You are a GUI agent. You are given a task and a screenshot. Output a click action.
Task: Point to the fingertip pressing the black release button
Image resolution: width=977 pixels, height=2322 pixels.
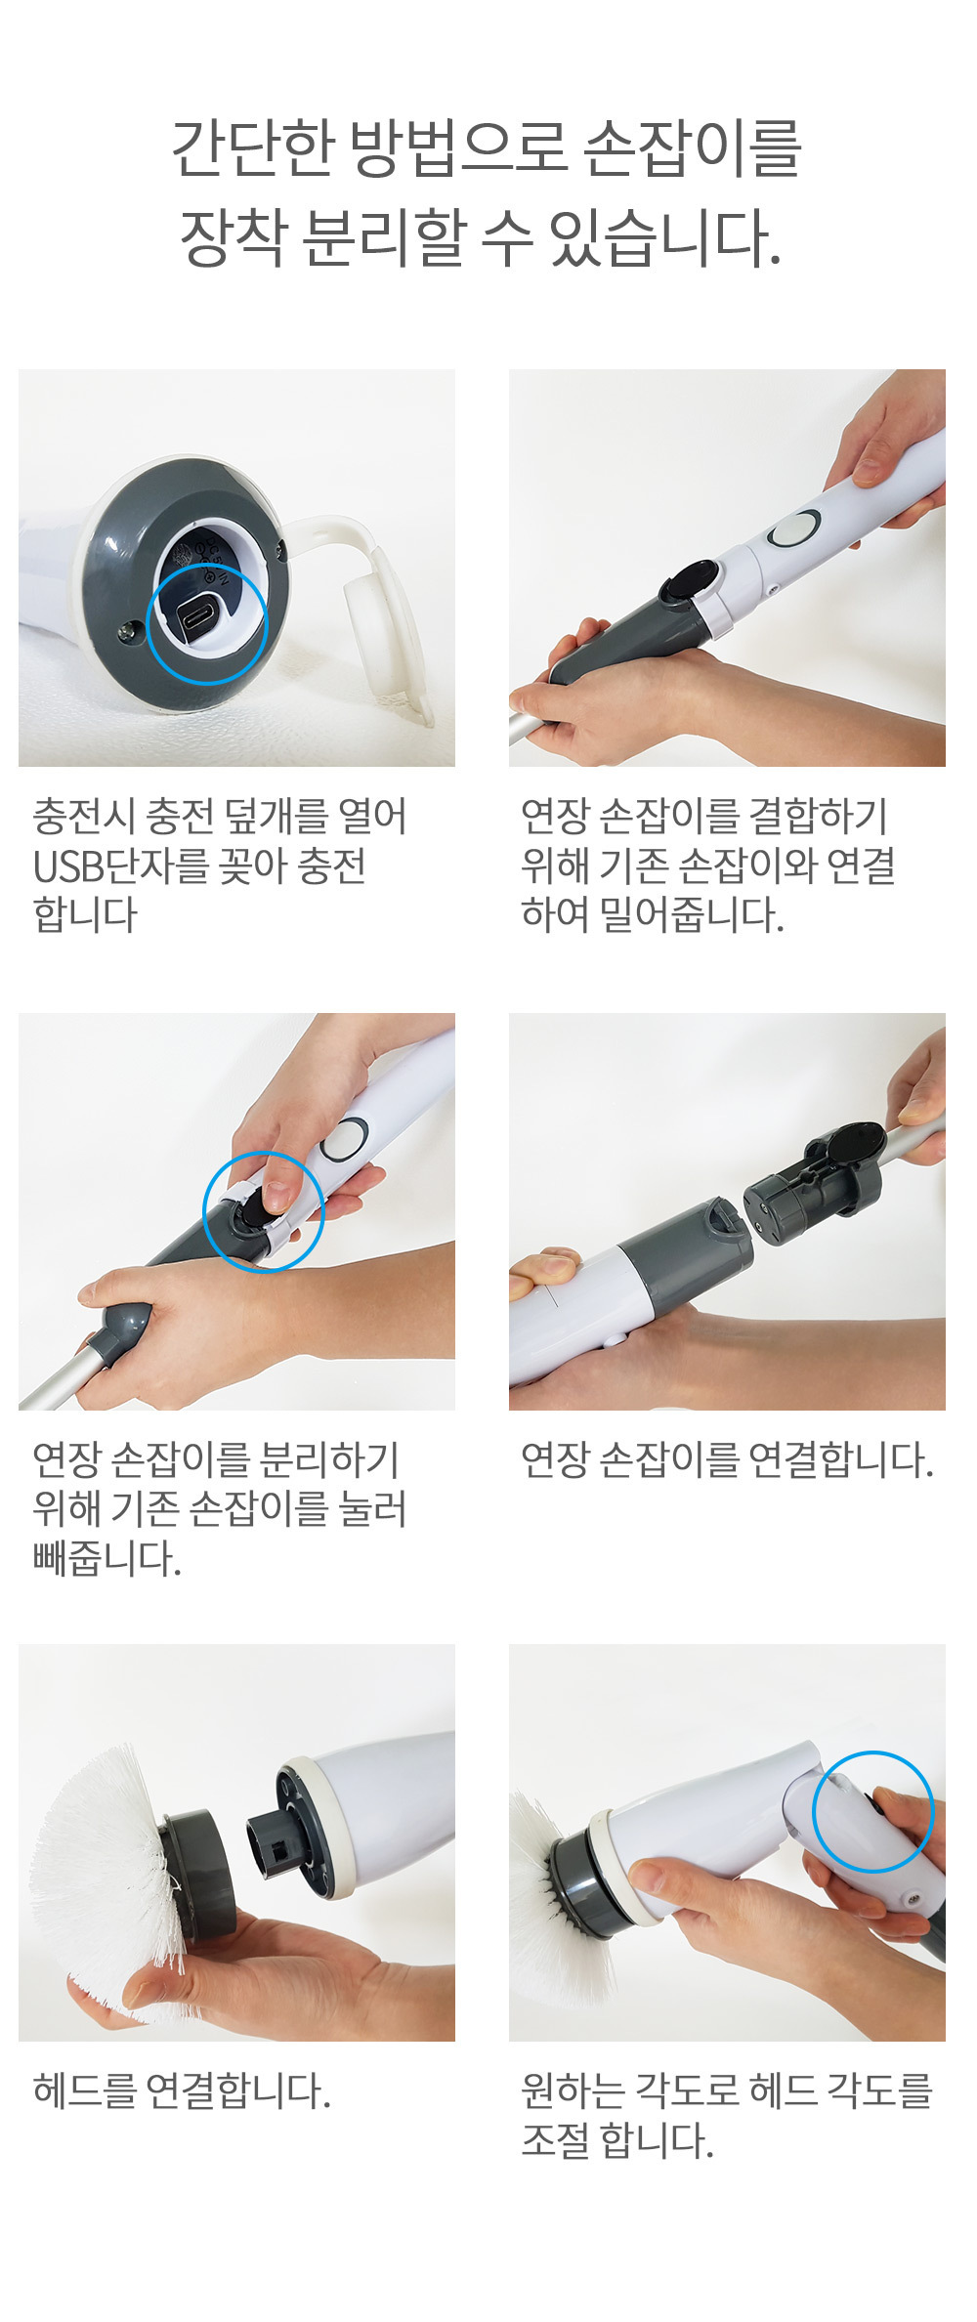(x=276, y=1194)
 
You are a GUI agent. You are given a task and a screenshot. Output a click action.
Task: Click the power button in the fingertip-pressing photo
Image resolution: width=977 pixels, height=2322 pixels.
(x=342, y=1139)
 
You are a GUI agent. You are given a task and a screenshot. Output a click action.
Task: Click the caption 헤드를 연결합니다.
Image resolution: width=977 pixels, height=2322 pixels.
(x=182, y=2091)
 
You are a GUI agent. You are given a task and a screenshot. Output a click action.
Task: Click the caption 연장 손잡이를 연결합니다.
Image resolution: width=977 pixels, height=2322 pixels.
(x=727, y=1460)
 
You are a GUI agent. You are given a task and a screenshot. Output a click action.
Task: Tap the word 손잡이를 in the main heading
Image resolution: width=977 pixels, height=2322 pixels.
(x=692, y=148)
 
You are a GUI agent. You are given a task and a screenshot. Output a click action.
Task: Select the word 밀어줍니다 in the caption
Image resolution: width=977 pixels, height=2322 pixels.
(x=692, y=915)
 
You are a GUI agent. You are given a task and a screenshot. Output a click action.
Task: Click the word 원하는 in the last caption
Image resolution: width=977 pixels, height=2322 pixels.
(x=572, y=2091)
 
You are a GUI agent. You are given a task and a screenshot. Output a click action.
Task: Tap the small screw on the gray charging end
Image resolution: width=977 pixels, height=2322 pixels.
(x=125, y=633)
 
